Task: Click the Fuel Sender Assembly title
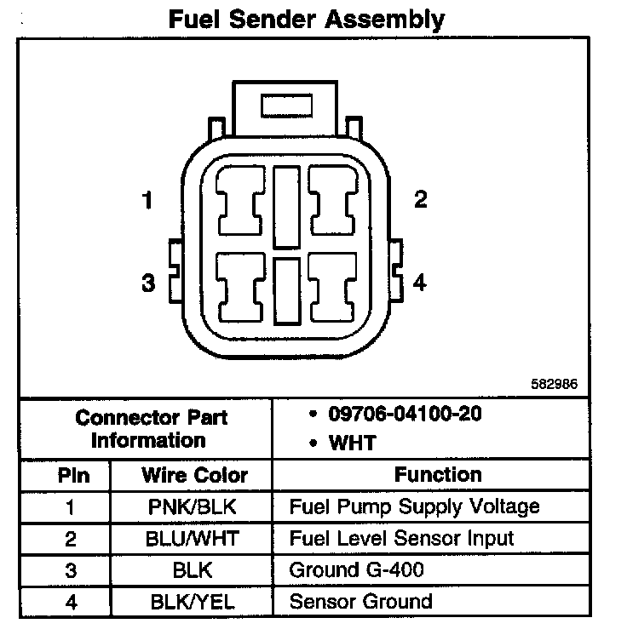click(x=306, y=19)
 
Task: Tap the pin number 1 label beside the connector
click(x=147, y=201)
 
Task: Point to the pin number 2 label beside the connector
click(x=420, y=199)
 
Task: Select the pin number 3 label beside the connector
click(x=148, y=283)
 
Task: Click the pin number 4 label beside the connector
click(x=419, y=283)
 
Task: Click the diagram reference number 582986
click(x=555, y=384)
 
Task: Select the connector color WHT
click(x=353, y=443)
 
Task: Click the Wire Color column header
click(x=194, y=475)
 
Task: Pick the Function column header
click(x=438, y=474)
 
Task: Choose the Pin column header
click(x=72, y=475)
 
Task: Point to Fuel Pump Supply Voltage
click(x=415, y=507)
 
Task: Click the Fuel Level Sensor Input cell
click(x=402, y=539)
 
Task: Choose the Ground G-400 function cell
click(x=357, y=570)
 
